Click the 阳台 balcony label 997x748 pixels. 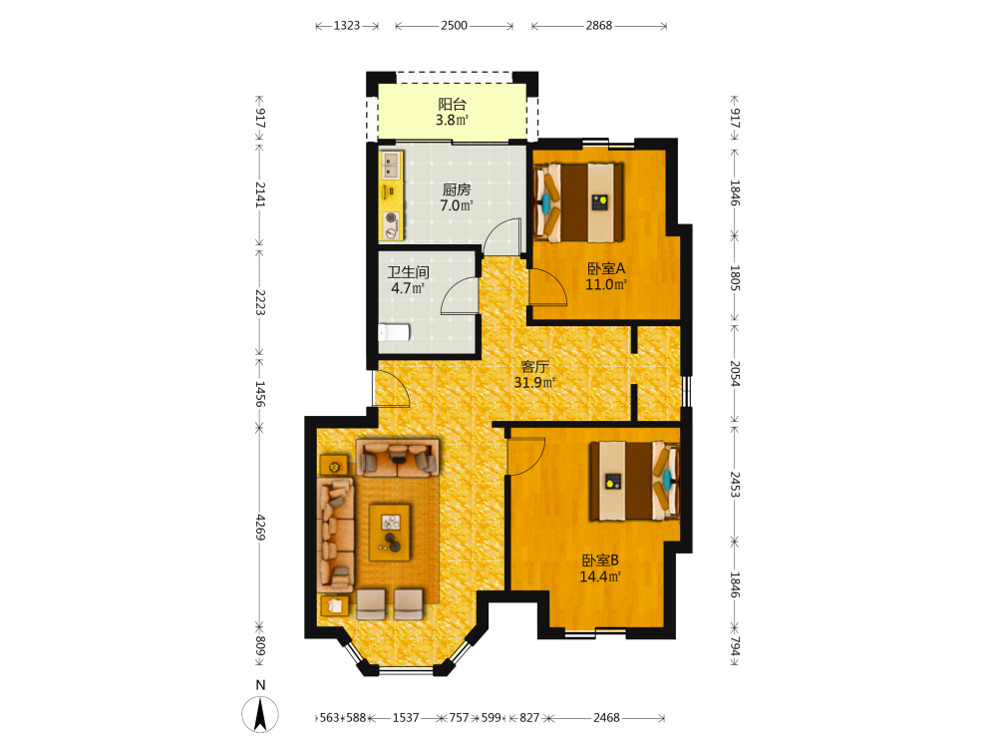[452, 105]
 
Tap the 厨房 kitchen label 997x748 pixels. [457, 189]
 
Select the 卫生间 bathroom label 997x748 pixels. [408, 272]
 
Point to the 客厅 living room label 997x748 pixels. [534, 367]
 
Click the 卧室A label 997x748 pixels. [606, 268]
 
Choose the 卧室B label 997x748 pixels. [600, 561]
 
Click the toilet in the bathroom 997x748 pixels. [394, 332]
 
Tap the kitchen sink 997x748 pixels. [391, 165]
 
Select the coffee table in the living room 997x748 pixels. [390, 533]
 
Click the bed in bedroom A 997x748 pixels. [578, 202]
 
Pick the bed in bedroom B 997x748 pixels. [634, 481]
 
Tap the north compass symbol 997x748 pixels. [260, 713]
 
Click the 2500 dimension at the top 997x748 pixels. [454, 26]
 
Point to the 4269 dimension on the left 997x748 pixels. [260, 528]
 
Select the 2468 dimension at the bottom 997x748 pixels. [606, 717]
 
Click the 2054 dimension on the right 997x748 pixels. [735, 373]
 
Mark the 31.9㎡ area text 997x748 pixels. [534, 382]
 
